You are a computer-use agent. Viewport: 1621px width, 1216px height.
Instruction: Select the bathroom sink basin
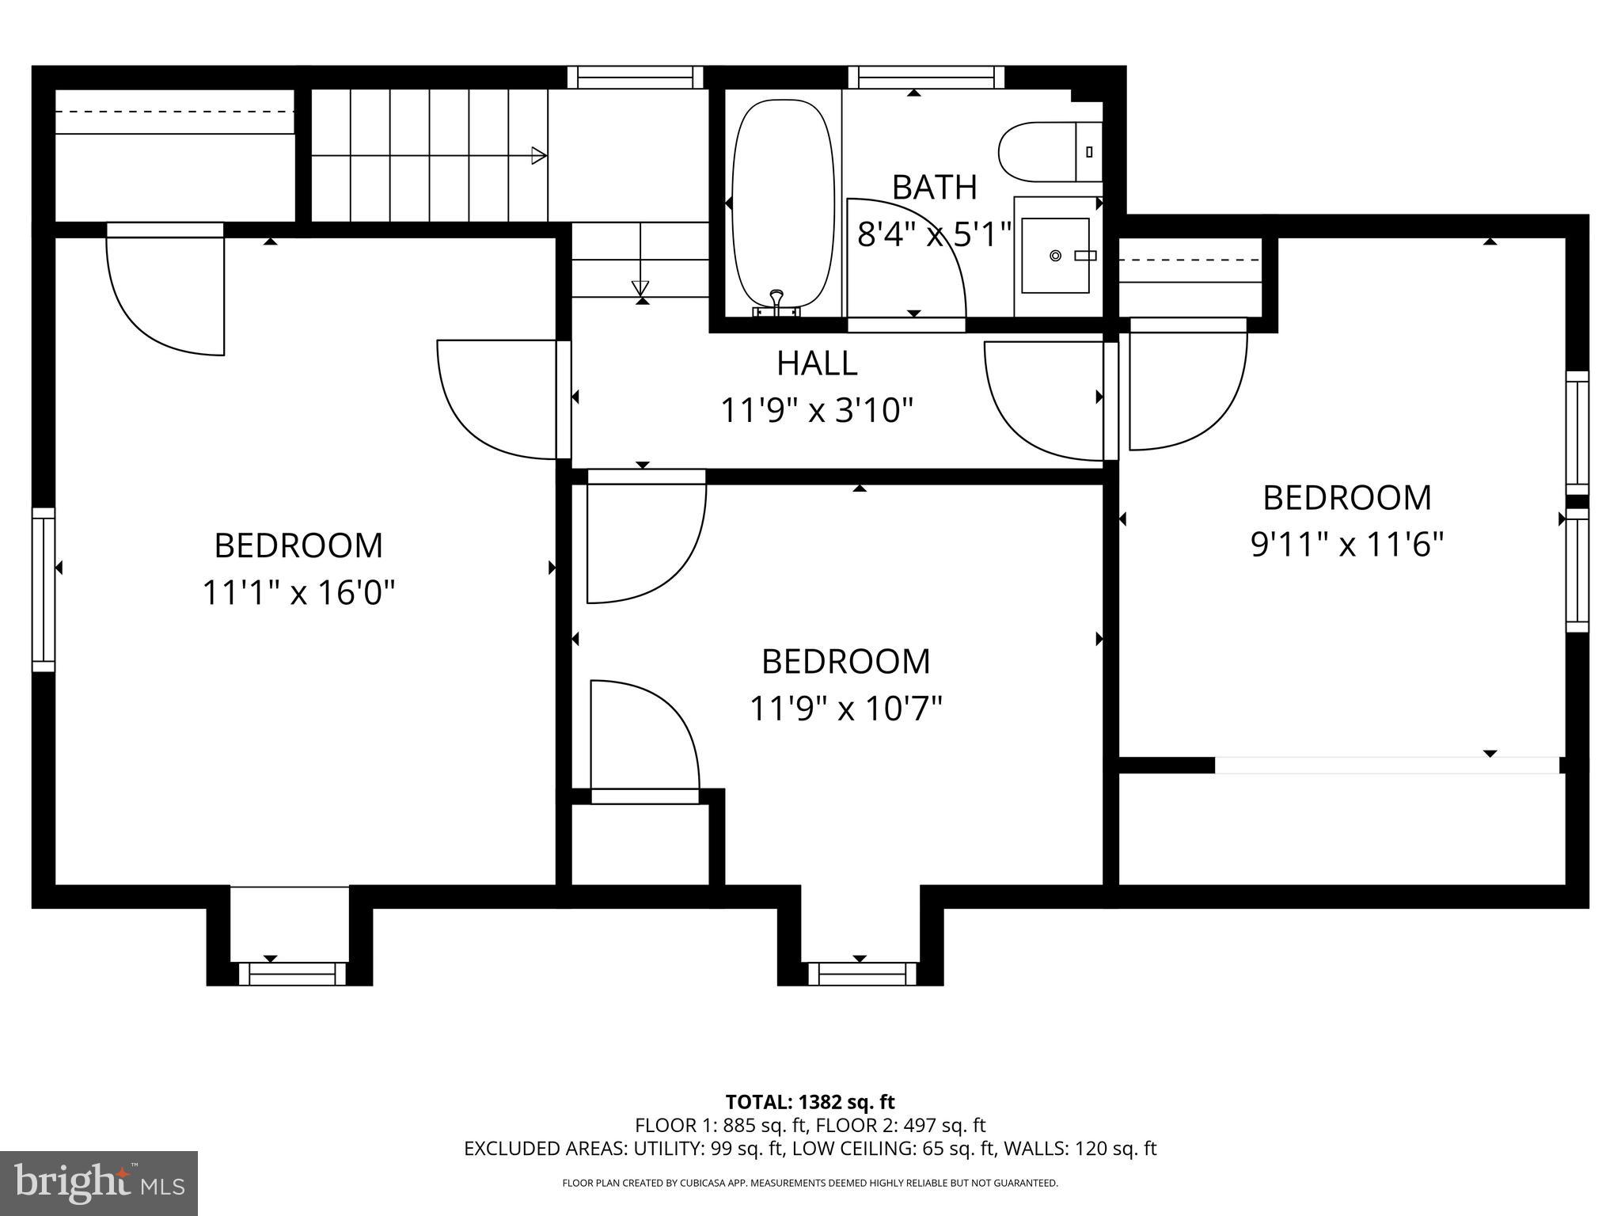(1055, 255)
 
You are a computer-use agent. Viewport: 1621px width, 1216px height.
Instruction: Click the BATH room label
(934, 188)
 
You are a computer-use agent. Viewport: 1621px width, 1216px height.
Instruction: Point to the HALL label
(817, 363)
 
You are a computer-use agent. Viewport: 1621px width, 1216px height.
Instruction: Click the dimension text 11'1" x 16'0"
(298, 592)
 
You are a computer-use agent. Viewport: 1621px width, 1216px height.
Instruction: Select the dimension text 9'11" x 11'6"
(1347, 545)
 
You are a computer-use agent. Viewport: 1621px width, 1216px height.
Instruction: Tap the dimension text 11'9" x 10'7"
(845, 709)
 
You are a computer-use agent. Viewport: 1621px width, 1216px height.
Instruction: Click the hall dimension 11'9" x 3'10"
(817, 411)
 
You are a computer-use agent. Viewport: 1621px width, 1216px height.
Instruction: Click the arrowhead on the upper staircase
(538, 155)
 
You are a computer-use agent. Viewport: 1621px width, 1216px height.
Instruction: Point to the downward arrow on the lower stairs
(640, 287)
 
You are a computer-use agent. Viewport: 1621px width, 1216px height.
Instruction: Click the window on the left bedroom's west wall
(44, 590)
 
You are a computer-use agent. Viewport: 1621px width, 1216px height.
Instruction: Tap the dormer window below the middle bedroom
(860, 973)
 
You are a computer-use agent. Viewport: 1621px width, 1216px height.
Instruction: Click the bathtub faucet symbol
(776, 299)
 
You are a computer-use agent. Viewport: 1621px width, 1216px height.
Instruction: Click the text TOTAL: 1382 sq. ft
(810, 1102)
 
